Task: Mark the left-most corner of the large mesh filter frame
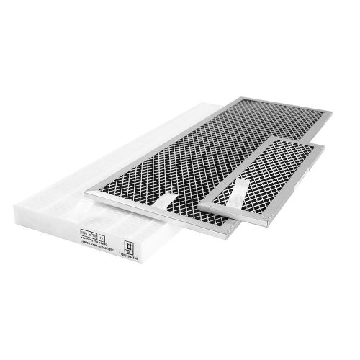pos(85,194)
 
